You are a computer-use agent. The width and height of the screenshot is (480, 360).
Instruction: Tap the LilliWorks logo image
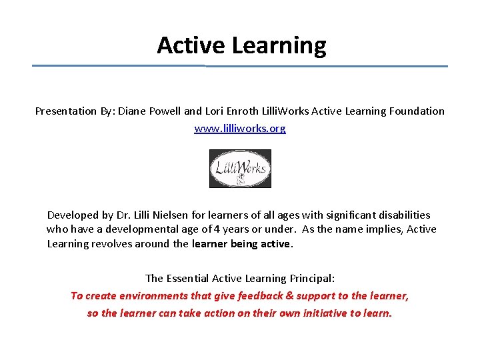pos(240,169)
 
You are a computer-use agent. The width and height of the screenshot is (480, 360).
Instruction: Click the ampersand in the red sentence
pos(289,295)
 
